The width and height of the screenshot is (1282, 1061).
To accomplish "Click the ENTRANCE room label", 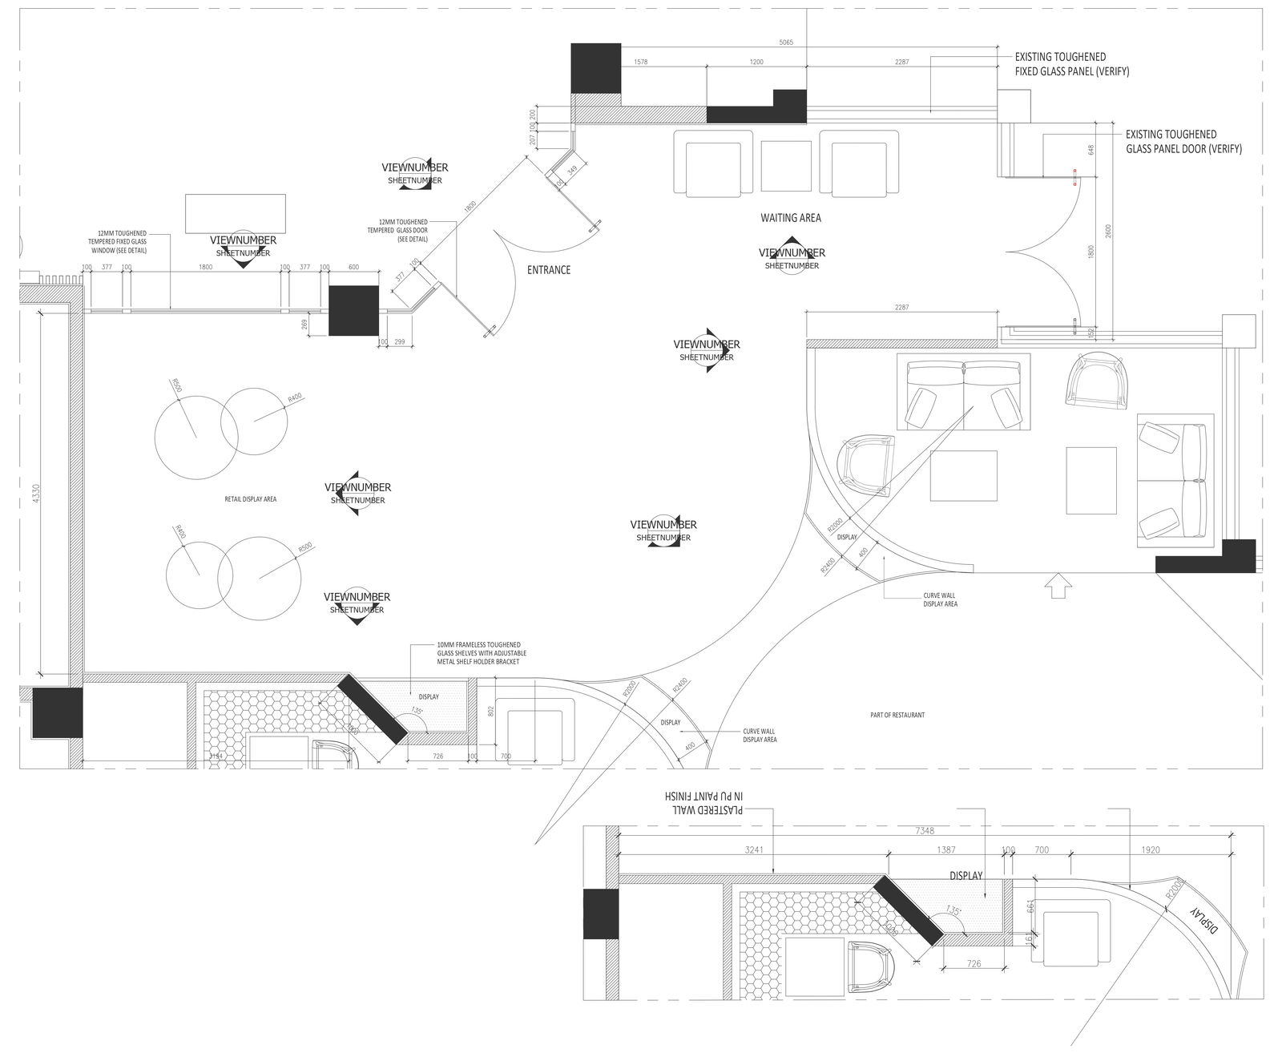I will [549, 270].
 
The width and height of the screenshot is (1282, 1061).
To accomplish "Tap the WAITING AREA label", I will [790, 218].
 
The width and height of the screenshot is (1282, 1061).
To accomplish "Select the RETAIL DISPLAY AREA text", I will [250, 499].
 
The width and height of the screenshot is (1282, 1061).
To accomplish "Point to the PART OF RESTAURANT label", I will [897, 715].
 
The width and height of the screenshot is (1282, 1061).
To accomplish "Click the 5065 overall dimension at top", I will [786, 42].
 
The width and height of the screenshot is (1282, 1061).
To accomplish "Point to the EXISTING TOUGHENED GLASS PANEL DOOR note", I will [1183, 142].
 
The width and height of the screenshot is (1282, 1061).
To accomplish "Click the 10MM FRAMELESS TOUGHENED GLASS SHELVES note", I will [479, 653].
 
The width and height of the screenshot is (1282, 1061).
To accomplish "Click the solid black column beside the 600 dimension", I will [353, 311].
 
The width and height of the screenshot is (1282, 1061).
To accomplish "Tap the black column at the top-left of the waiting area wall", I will [595, 68].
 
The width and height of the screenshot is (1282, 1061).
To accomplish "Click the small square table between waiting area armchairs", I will [786, 167].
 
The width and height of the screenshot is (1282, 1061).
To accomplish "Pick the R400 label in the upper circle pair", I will [295, 398].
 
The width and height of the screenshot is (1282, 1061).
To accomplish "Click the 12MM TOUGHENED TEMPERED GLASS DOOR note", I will [397, 230].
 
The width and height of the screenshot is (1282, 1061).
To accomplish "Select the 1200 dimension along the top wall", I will [756, 62].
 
